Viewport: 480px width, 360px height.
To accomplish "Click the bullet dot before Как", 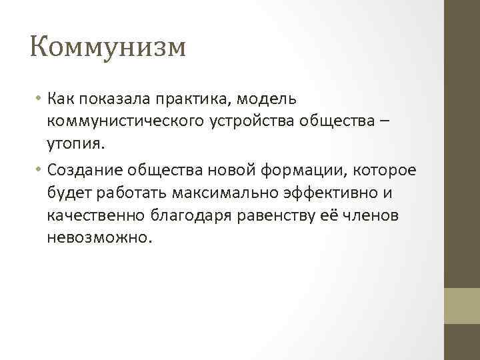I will (x=39, y=99).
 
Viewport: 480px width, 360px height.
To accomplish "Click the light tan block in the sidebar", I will (x=461, y=305).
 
